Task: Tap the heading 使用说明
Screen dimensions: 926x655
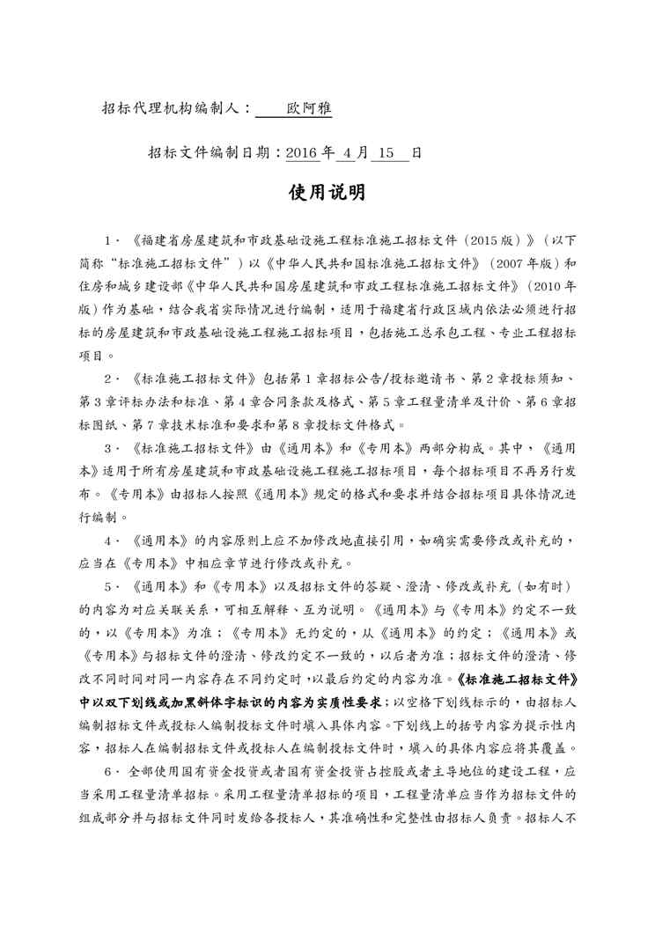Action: pyautogui.click(x=327, y=192)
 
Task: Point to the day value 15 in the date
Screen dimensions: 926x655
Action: pyautogui.click(x=389, y=151)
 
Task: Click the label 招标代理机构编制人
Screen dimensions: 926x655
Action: pyautogui.click(x=173, y=108)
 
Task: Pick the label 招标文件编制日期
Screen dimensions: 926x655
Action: pyautogui.click(x=210, y=151)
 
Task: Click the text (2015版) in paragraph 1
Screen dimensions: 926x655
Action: pyautogui.click(x=494, y=239)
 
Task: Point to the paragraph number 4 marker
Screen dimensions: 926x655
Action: pyautogui.click(x=107, y=540)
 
